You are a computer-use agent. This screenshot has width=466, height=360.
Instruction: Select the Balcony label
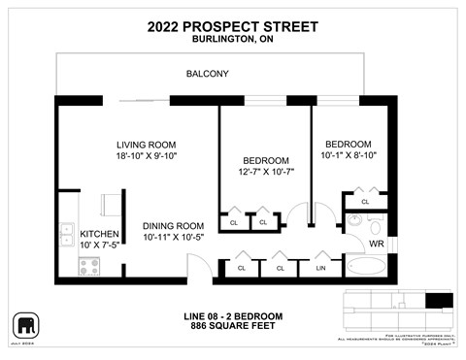point(207,73)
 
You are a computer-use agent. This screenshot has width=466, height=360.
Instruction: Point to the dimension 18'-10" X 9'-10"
point(146,154)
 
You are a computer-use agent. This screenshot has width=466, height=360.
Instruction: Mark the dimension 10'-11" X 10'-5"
point(174,237)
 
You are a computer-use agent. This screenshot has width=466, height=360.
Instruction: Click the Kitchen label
point(99,234)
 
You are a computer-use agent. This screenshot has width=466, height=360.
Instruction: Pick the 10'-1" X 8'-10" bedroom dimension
point(348,155)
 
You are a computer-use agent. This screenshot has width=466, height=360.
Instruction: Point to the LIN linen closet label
point(320,267)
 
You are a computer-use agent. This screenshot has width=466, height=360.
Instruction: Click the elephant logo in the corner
point(23,323)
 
